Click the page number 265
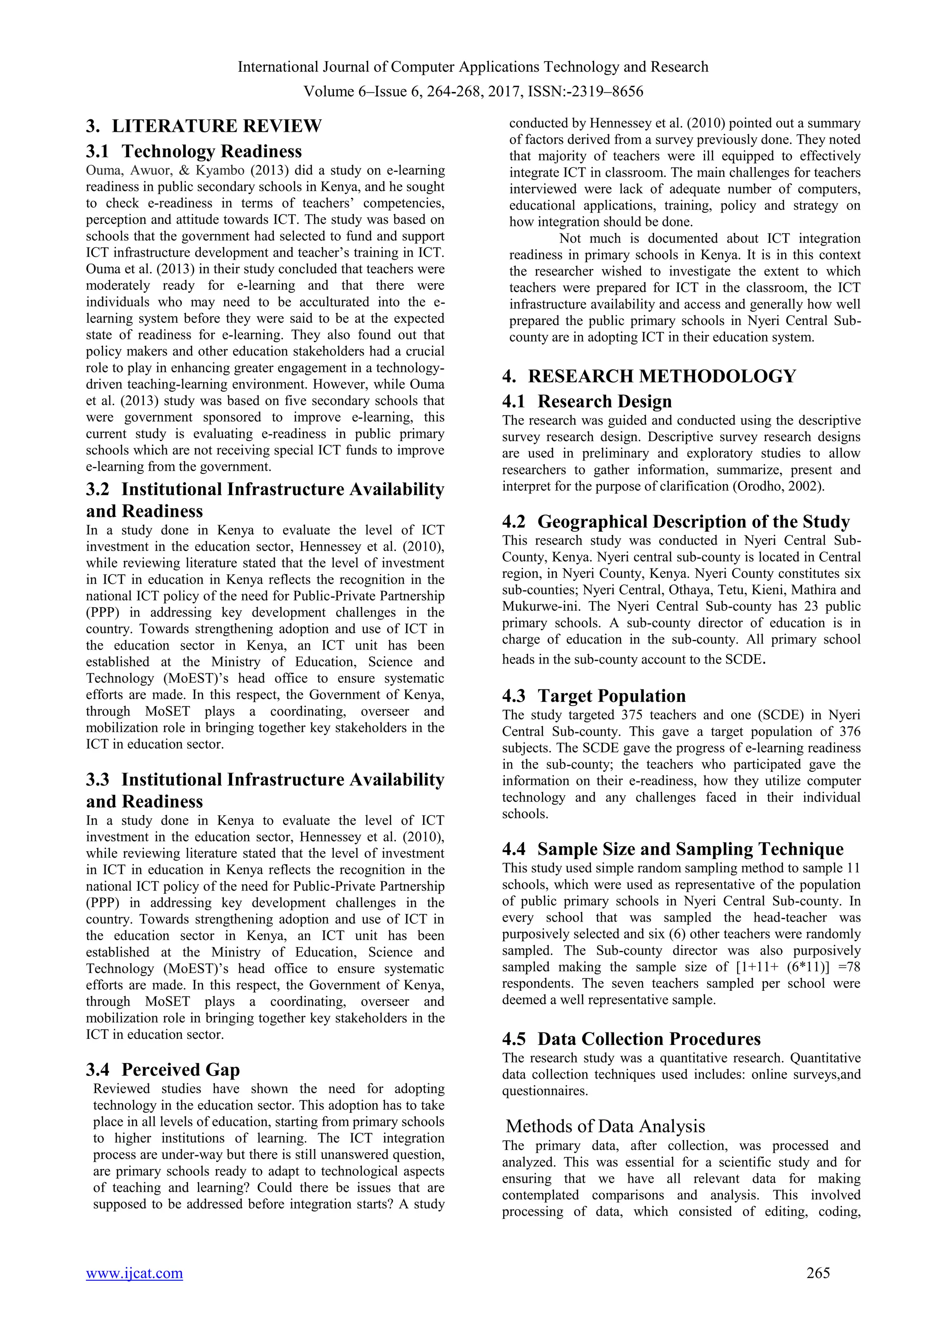(818, 1273)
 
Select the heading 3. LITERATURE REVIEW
(203, 126)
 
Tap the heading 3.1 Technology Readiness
(194, 152)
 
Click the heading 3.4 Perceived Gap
(163, 1069)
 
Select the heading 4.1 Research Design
(587, 402)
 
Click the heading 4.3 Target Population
(594, 696)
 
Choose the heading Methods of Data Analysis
(605, 1126)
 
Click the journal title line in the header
(473, 67)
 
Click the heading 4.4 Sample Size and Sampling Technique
(673, 849)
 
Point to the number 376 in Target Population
(849, 731)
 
